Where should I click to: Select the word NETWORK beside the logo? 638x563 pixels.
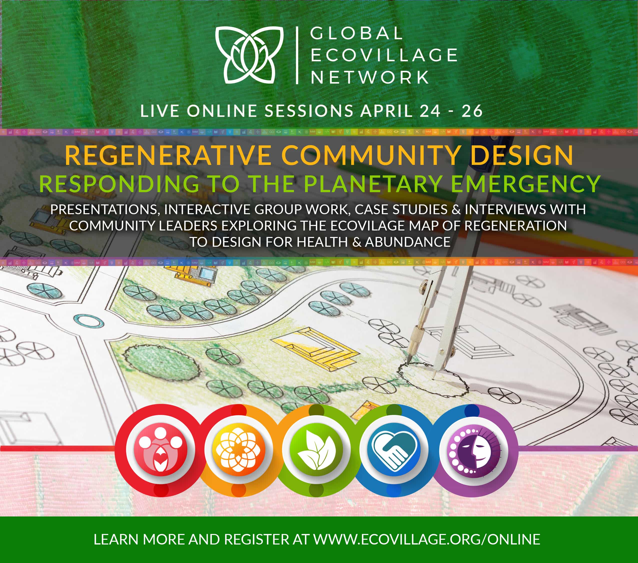[370, 77]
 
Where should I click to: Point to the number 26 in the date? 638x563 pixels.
[472, 111]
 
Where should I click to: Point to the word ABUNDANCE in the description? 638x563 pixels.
[408, 242]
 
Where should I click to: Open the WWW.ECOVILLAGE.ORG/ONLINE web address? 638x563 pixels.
[427, 539]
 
